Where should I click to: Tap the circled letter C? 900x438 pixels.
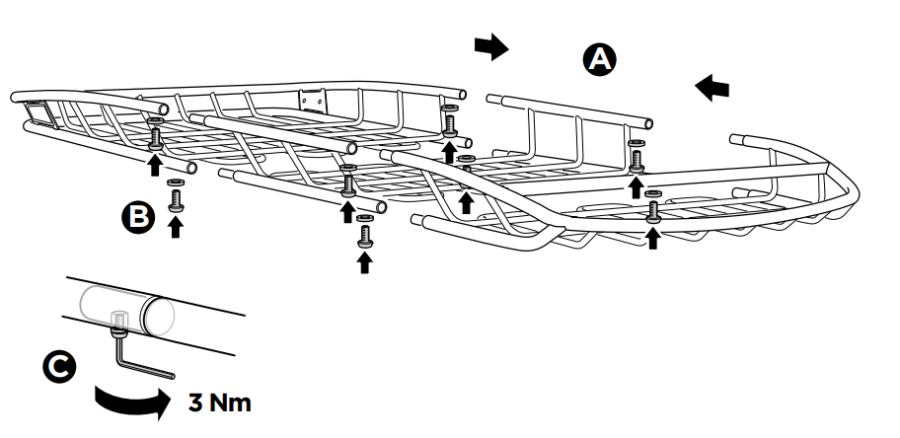(59, 367)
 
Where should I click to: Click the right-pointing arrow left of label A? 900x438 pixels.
(489, 46)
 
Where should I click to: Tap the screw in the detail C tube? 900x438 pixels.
(117, 320)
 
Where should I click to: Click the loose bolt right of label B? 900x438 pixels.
(176, 199)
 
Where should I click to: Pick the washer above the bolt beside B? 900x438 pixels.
(176, 183)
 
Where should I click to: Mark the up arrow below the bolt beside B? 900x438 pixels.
(176, 227)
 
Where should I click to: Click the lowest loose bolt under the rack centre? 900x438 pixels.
(364, 235)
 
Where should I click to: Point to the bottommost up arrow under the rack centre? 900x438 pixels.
(364, 261)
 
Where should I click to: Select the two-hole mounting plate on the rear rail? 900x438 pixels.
(314, 99)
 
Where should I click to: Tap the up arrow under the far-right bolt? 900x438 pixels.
(652, 237)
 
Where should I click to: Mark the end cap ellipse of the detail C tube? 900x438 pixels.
(157, 316)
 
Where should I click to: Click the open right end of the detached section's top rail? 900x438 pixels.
(646, 122)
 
